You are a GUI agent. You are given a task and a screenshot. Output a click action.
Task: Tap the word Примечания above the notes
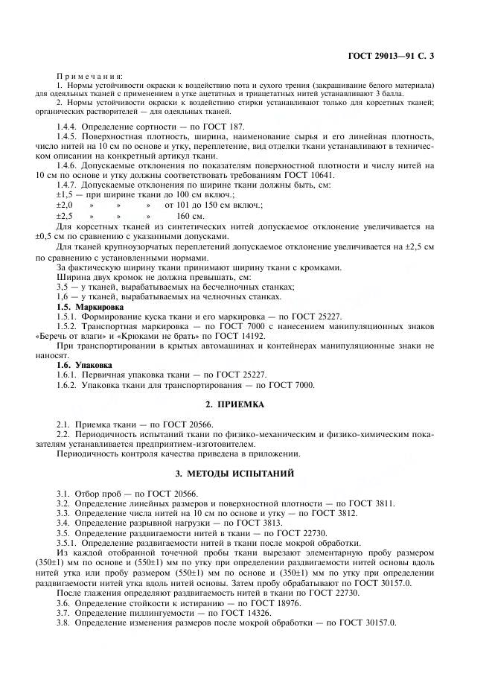(x=90, y=77)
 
